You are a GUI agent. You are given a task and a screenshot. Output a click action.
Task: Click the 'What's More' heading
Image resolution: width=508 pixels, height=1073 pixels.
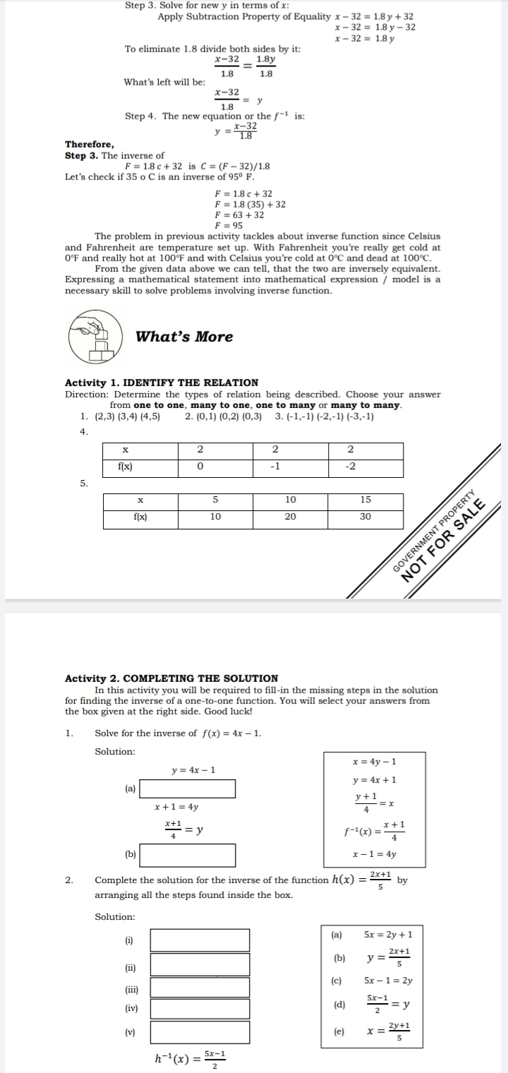[x=184, y=337]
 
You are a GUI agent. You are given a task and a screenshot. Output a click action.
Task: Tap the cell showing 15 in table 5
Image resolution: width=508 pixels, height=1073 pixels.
[x=365, y=500]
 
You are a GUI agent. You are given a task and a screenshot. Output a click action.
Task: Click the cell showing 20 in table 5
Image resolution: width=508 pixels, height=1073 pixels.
[x=290, y=517]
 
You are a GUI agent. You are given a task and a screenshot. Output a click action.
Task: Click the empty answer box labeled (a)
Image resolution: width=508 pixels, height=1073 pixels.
[x=187, y=789]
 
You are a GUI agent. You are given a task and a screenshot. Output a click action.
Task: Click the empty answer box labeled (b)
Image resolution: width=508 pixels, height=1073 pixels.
[x=187, y=856]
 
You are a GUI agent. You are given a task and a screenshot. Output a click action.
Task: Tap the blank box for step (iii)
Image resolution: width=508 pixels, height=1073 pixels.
[x=200, y=988]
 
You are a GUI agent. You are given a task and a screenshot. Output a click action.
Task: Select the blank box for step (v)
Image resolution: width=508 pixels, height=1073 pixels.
[x=200, y=1032]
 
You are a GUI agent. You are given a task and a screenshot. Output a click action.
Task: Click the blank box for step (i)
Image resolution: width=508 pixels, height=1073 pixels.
[x=200, y=940]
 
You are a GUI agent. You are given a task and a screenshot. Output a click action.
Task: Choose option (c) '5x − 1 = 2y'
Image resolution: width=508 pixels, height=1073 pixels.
[x=388, y=981]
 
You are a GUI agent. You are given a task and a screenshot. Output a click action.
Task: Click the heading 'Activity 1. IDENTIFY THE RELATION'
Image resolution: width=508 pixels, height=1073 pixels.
[x=162, y=383]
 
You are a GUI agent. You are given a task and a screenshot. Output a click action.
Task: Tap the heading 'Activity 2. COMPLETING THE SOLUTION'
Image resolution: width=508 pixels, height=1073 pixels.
[x=171, y=678]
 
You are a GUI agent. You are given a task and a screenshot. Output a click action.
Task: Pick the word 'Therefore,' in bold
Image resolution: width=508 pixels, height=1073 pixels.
[x=88, y=143]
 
